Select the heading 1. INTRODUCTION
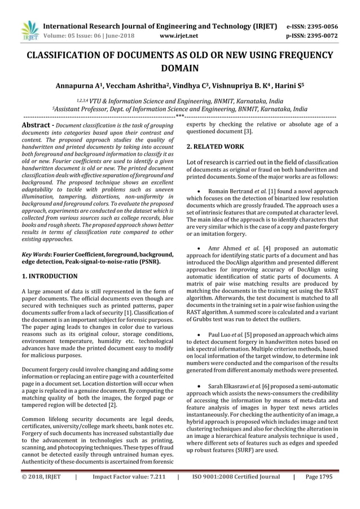pos(49,277)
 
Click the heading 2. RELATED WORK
pos(215,147)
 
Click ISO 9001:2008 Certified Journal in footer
pos(235,492)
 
